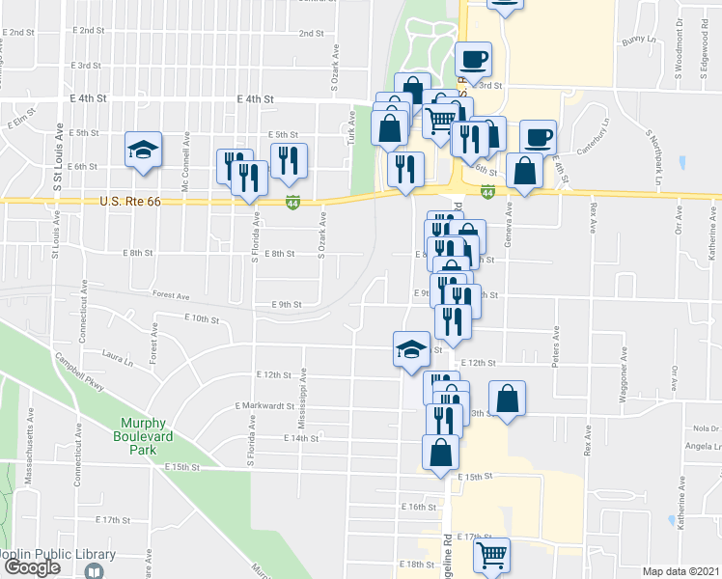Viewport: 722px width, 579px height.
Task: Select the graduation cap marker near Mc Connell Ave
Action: pos(143,152)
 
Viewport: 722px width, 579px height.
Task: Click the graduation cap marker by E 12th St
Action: pos(410,348)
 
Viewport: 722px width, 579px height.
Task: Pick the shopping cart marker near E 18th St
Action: pos(491,555)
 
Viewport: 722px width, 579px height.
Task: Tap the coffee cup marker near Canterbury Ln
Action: pos(538,136)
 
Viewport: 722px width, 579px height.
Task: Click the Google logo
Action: pos(33,567)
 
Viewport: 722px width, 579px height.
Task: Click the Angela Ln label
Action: pos(701,446)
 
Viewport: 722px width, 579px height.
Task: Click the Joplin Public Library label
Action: pos(58,554)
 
